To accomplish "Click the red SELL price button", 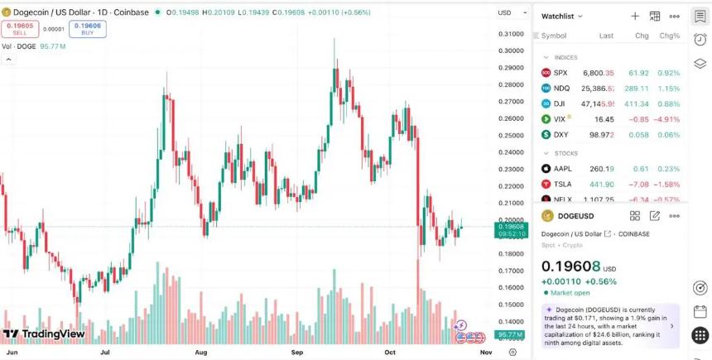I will point(20,29).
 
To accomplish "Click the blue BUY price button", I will point(87,29).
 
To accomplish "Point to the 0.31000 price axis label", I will point(512,34).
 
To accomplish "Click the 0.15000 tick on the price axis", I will point(512,305).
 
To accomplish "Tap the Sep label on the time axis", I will point(297,352).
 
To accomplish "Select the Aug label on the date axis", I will point(200,352).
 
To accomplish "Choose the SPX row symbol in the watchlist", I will point(560,73).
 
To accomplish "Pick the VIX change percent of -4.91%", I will point(668,119).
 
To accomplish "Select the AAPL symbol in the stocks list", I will point(563,169).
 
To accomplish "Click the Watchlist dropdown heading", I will point(562,17).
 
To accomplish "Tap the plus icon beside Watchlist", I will point(635,17).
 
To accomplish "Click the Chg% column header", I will point(669,36).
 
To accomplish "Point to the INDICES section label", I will point(565,57).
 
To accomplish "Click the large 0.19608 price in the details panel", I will point(570,266).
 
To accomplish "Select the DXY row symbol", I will point(560,134).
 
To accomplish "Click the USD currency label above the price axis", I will point(504,13).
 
